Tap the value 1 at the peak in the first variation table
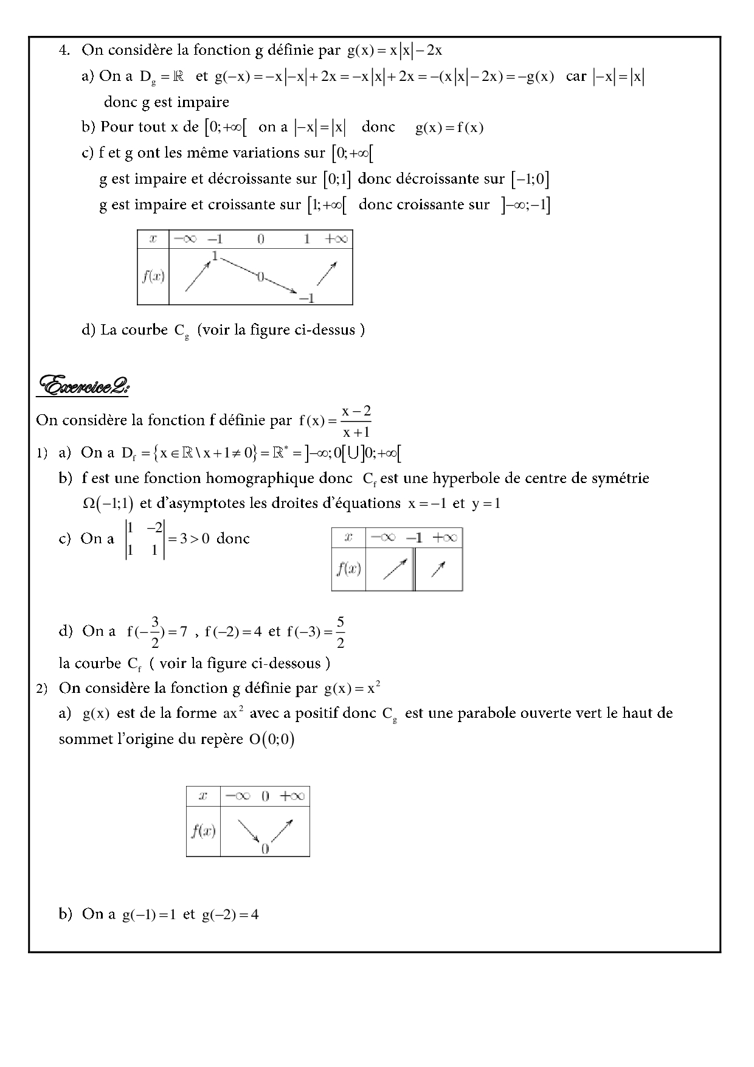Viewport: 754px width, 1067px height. coord(214,255)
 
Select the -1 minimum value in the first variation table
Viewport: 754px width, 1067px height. coord(307,298)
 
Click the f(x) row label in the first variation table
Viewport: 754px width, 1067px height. coord(153,276)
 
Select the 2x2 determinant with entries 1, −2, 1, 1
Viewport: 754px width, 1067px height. coord(145,539)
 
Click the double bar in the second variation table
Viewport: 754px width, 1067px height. coord(414,569)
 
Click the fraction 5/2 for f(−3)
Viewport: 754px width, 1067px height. coord(340,631)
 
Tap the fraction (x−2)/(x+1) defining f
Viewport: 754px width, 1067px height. coord(356,422)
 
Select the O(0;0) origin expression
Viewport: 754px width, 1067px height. coord(271,739)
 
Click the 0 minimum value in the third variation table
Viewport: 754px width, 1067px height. coord(265,849)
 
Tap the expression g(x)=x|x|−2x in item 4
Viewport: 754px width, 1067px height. coord(395,50)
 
